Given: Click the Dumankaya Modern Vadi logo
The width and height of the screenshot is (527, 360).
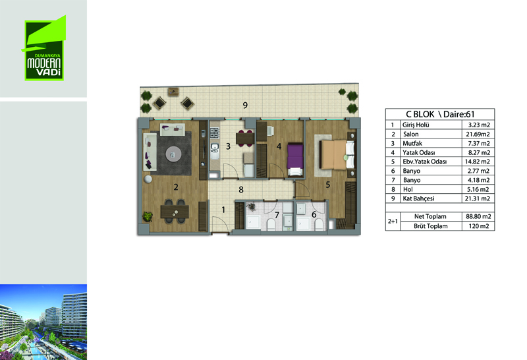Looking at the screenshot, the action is coord(43,48).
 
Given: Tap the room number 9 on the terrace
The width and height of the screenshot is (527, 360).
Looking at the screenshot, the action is coord(245,105).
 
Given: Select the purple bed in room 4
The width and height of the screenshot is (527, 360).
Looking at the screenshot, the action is coord(295,160).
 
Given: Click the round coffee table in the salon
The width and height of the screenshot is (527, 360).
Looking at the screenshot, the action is coord(173,154).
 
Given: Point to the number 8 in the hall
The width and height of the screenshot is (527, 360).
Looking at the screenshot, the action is coord(241,190).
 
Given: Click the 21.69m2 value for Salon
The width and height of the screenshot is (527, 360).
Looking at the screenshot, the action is coord(478,135).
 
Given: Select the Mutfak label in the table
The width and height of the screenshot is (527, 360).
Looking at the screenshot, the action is coord(412,143).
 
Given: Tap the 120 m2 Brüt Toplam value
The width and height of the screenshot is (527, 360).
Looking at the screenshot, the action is coord(479,226).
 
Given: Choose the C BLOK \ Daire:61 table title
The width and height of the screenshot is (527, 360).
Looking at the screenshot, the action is coord(440,114).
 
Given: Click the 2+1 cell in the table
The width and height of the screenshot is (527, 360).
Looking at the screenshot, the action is coord(393,222).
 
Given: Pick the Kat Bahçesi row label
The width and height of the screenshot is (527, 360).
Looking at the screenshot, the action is coord(418,198).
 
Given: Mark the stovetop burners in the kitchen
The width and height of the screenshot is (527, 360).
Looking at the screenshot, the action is coord(215,133).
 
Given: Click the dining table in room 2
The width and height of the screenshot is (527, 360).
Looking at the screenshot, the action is coord(175,212).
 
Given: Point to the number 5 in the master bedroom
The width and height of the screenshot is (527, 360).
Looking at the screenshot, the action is coord(327,185).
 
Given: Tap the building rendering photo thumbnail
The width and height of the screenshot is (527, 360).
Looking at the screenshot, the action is coord(43,322).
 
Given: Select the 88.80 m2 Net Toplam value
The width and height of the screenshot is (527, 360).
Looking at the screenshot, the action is coord(478,216).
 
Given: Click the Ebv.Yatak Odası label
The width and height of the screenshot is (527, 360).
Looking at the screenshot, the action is coord(425,162).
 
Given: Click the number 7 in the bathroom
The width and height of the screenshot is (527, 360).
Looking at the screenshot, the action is coord(277,215).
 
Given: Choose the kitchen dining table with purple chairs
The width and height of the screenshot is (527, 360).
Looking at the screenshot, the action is coord(244,138).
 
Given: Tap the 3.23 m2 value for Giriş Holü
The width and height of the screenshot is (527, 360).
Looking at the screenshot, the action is coord(479,125).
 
